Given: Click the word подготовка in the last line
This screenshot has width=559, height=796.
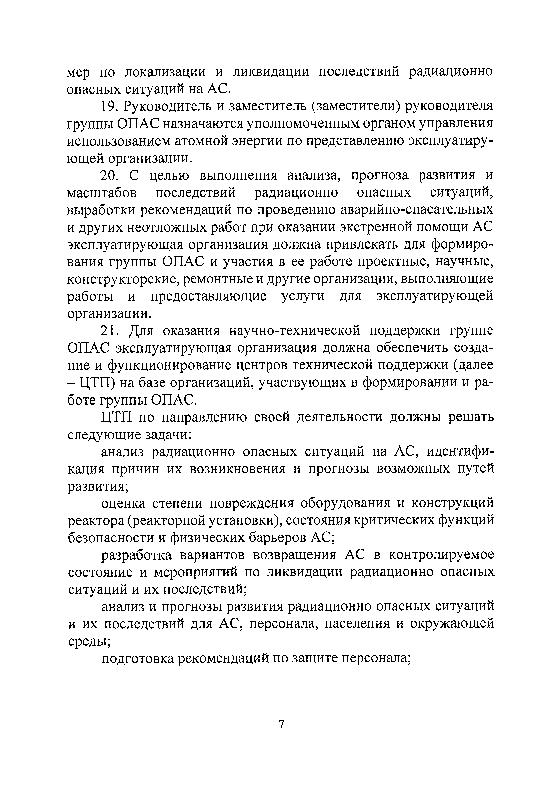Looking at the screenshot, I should pos(138,658).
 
